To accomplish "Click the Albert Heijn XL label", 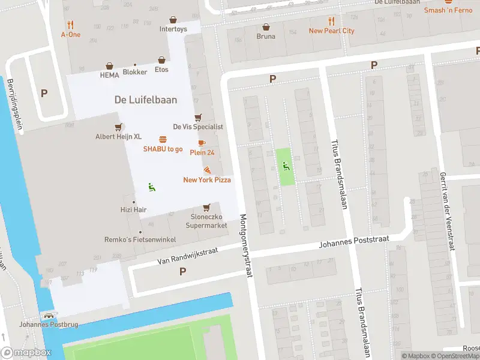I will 119,137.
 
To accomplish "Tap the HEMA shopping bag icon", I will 110,66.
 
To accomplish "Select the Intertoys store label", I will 173,29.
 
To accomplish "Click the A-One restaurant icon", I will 71,25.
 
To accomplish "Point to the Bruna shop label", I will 266,36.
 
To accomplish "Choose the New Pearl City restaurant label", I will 331,31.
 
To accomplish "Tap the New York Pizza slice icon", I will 207,170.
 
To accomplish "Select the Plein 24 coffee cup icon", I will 202,143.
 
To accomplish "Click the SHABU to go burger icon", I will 163,139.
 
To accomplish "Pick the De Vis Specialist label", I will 198,127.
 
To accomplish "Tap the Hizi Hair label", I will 133,210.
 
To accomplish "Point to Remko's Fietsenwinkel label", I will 140,240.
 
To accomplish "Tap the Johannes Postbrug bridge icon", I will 47,316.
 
